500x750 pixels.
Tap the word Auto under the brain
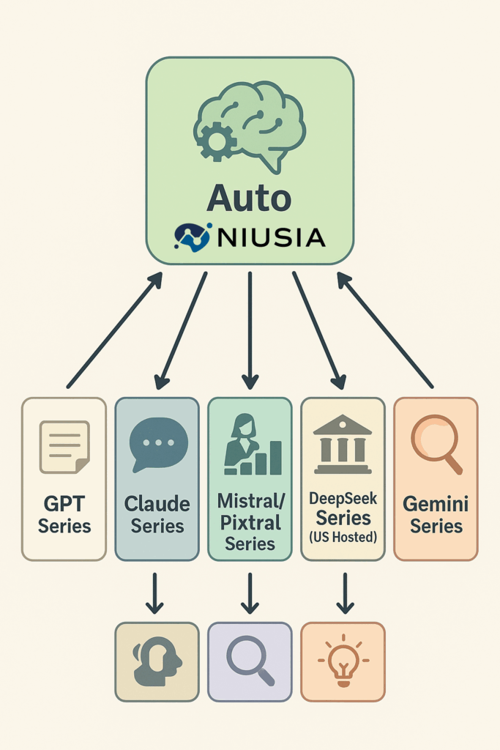[x=249, y=198]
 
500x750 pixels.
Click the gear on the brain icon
[x=217, y=141]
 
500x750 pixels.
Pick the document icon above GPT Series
[x=64, y=447]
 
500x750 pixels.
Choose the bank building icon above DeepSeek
[x=342, y=445]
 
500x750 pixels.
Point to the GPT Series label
[x=64, y=515]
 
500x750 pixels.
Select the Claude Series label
[x=157, y=515]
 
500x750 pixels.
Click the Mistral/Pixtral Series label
[x=250, y=523]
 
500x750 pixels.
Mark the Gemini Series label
[x=436, y=515]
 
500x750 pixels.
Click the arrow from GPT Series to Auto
[x=114, y=330]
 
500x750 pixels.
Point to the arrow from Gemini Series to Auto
[x=385, y=330]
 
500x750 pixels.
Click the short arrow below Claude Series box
[x=154, y=593]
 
